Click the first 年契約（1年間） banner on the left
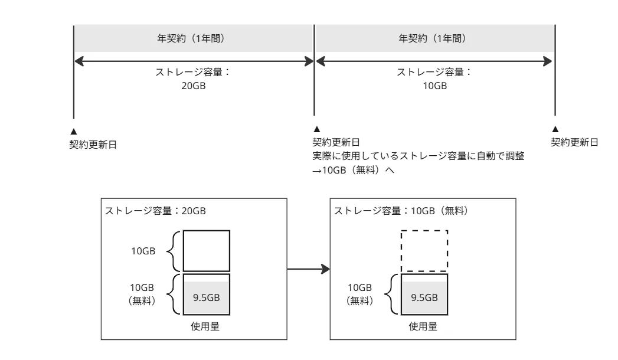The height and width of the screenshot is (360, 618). [193, 39]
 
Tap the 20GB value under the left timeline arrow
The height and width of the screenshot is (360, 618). [193, 85]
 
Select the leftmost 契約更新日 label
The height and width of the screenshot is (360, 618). [93, 144]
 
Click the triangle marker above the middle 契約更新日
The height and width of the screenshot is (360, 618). [316, 129]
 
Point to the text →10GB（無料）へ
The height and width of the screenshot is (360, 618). [352, 171]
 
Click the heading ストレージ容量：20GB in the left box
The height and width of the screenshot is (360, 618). [155, 211]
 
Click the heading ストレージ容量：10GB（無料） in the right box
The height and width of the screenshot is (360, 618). [401, 211]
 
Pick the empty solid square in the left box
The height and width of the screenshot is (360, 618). [206, 250]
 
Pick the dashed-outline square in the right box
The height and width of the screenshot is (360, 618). [424, 250]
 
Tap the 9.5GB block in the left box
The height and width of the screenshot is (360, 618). [206, 296]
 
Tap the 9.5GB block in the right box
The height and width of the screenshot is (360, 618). [424, 296]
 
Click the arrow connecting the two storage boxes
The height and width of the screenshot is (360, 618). [308, 270]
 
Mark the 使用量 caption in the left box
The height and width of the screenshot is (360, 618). [206, 326]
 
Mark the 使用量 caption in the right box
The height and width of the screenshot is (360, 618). [424, 326]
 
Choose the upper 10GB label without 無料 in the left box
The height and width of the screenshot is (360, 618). [143, 251]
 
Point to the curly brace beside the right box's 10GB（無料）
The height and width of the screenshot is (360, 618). [392, 294]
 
